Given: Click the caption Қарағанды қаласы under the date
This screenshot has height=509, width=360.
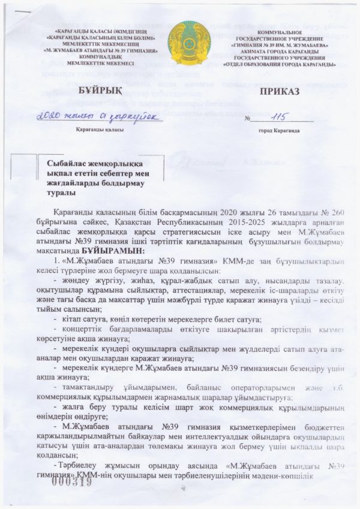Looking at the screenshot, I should [99, 131].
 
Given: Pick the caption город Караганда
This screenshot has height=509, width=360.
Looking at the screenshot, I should [279, 131].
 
